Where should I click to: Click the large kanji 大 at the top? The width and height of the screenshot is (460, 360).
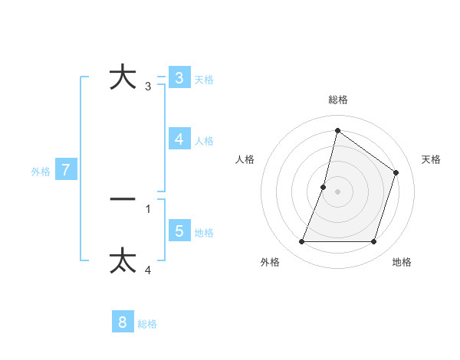(123, 77)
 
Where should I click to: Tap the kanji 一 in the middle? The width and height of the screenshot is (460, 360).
(123, 199)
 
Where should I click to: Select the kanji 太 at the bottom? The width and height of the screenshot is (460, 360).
(123, 260)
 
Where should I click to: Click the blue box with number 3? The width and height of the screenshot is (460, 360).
(179, 78)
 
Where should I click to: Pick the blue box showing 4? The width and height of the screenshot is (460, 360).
(179, 139)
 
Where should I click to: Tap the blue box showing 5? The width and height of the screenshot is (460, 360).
(179, 231)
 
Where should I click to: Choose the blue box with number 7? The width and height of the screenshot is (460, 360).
(66, 170)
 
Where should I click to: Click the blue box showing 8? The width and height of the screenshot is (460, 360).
(123, 322)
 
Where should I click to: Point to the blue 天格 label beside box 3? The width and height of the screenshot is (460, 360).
(204, 80)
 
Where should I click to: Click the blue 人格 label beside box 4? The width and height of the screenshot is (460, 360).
(204, 141)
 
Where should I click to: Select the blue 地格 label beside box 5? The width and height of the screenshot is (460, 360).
(204, 233)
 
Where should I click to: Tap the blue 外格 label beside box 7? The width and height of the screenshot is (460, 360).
(41, 172)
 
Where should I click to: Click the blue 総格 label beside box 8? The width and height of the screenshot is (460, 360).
(147, 324)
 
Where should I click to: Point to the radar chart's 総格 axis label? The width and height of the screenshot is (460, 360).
(337, 100)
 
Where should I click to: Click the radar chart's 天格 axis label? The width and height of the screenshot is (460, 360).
(432, 159)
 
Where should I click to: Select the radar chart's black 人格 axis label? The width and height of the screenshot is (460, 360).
(245, 159)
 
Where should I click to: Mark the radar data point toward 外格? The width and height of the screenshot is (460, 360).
(301, 242)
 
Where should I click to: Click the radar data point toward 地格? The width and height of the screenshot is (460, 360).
(373, 242)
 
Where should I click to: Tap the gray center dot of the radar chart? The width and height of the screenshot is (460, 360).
(337, 191)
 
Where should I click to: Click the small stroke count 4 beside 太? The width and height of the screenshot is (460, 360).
(148, 270)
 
